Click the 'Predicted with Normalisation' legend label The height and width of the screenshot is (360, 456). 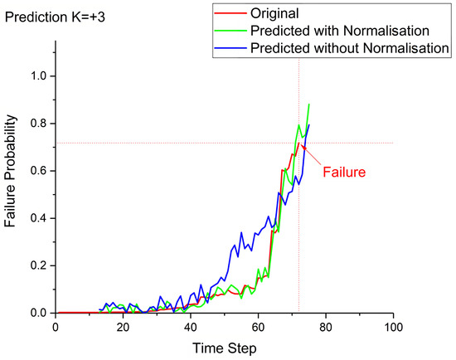click(x=337, y=32)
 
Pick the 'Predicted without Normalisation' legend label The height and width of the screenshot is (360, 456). click(x=348, y=49)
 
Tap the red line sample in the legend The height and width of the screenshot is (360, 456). click(x=229, y=14)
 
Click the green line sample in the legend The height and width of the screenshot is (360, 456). click(x=229, y=32)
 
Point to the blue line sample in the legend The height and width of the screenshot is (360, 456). click(x=229, y=49)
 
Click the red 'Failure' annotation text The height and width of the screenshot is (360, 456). click(x=343, y=173)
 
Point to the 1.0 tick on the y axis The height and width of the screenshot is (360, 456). click(x=36, y=76)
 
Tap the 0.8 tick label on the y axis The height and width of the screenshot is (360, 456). click(x=36, y=124)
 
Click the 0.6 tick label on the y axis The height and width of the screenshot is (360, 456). click(x=36, y=171)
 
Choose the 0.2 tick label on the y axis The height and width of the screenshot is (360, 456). click(x=36, y=265)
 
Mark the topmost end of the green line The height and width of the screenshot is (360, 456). click(x=309, y=105)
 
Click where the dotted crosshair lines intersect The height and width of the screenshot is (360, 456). click(x=298, y=143)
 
